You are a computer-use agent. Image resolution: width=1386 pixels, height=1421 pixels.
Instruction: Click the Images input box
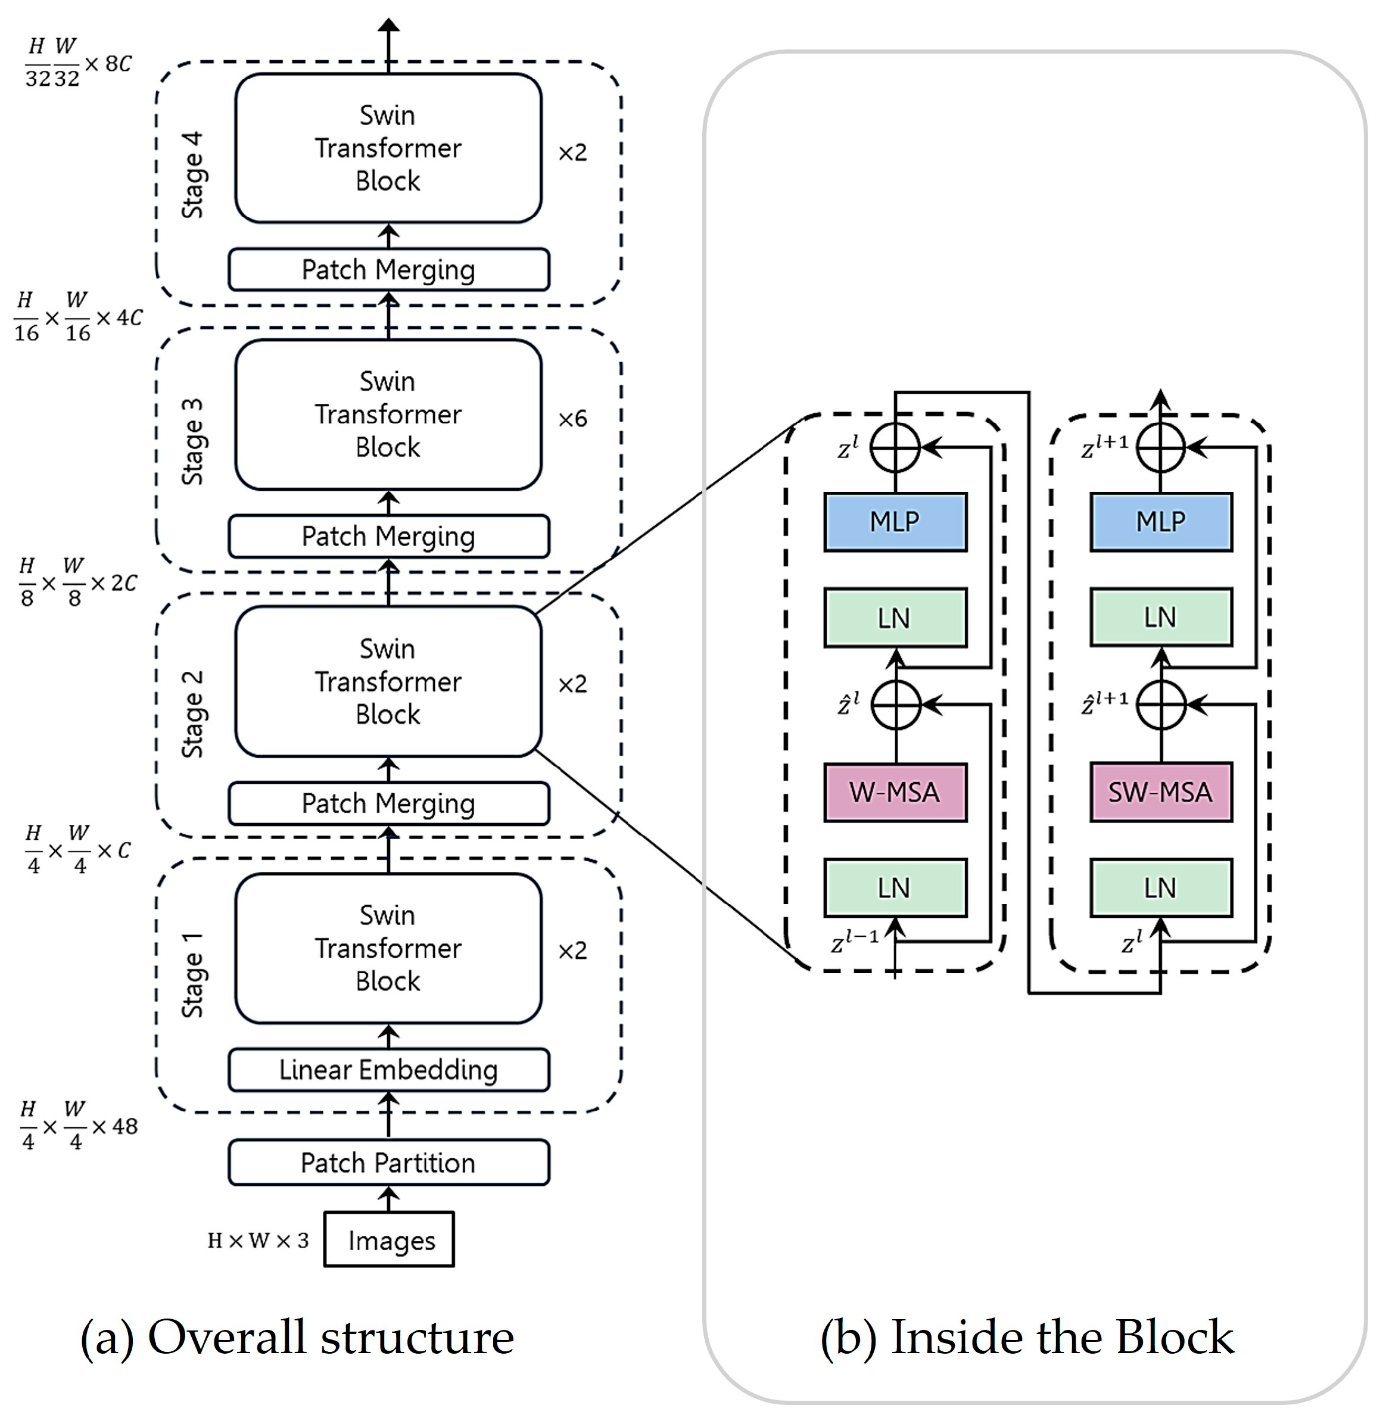tap(389, 1239)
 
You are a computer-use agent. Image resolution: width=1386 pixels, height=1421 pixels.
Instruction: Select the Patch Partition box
tap(389, 1163)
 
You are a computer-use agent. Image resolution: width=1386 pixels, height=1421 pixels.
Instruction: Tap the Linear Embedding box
tap(389, 1070)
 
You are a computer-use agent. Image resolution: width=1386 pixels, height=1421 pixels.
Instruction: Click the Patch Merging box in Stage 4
tap(389, 269)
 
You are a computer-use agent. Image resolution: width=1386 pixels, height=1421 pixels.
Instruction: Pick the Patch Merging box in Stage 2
tap(389, 803)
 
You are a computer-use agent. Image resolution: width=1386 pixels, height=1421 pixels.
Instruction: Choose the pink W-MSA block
tap(895, 792)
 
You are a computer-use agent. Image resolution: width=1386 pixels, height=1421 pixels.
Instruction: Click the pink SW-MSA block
tap(1161, 792)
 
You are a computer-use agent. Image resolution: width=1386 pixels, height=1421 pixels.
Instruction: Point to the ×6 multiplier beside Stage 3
tap(572, 419)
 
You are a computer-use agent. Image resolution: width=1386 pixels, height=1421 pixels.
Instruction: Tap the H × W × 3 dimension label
tap(258, 1240)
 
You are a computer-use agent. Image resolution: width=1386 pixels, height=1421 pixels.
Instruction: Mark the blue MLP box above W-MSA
tap(895, 521)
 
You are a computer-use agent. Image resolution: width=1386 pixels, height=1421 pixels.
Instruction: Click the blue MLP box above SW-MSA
tap(1161, 521)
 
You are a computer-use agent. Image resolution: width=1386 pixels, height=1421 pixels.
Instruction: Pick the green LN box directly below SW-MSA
tap(1161, 887)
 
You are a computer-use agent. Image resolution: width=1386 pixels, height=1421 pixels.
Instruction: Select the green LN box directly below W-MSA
tap(895, 887)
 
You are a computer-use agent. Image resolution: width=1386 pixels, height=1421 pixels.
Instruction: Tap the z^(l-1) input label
tap(855, 940)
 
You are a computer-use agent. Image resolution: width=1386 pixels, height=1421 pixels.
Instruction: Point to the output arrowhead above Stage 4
tap(389, 25)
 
